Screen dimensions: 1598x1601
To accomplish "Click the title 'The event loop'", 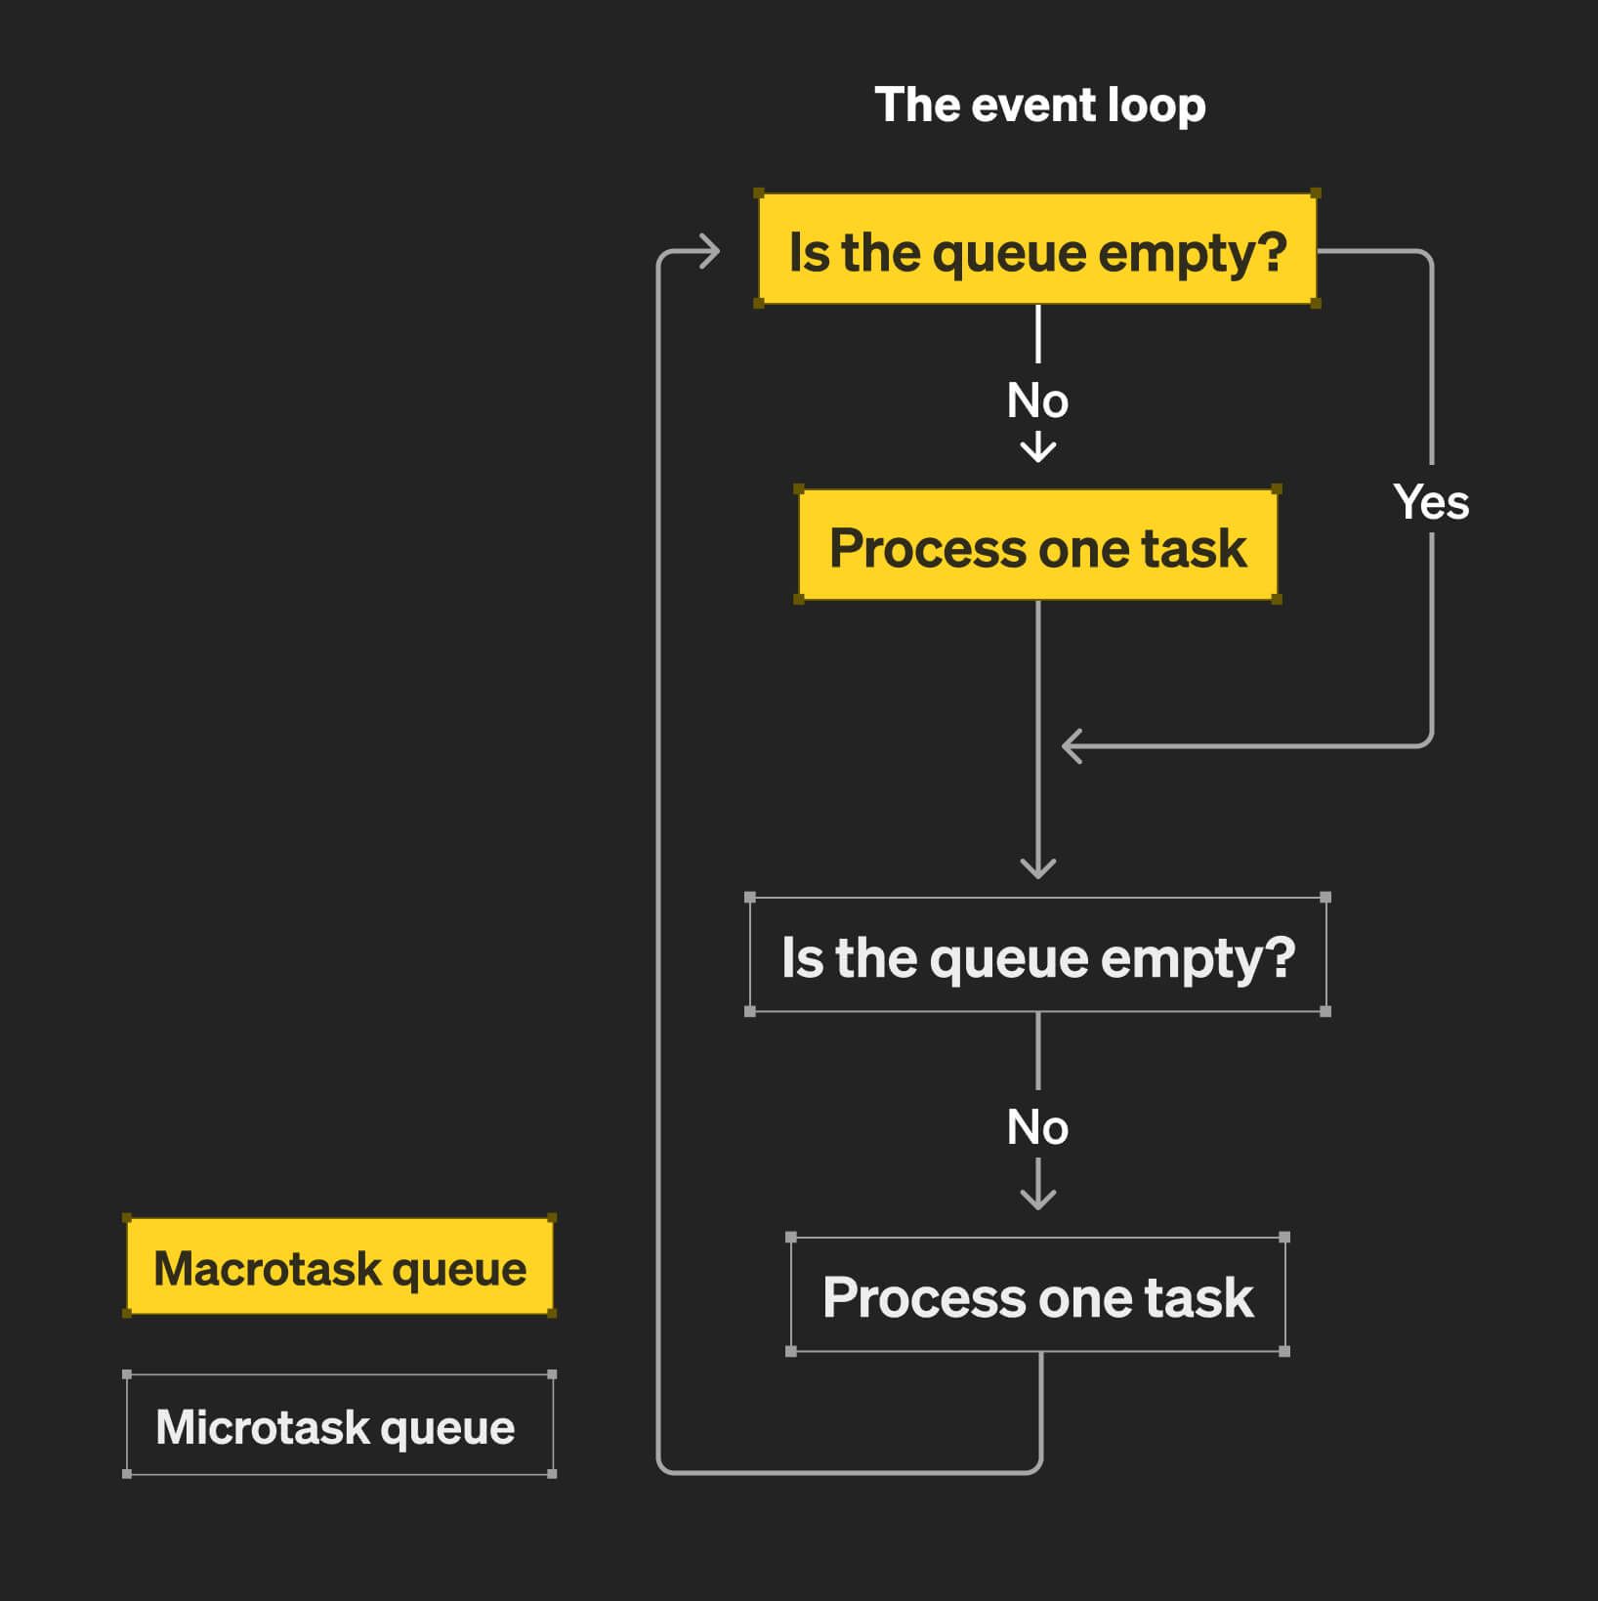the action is pyautogui.click(x=1040, y=105).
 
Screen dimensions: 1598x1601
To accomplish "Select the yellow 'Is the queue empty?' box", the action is pyautogui.click(x=1037, y=249).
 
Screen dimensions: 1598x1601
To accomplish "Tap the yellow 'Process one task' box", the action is pyautogui.click(x=1037, y=545).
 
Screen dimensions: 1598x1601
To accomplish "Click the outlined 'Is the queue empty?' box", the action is pyautogui.click(x=1037, y=954).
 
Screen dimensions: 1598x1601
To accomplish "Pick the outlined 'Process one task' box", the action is pyautogui.click(x=1037, y=1294).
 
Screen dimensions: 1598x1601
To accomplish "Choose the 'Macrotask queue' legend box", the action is pyautogui.click(x=339, y=1266).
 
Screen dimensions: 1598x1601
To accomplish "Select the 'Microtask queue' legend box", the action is pyautogui.click(x=339, y=1424).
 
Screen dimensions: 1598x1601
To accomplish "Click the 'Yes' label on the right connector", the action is pyautogui.click(x=1431, y=502).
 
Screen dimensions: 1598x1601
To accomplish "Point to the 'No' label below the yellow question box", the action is pyautogui.click(x=1037, y=400).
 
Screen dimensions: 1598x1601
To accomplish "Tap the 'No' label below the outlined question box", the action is pyautogui.click(x=1037, y=1127).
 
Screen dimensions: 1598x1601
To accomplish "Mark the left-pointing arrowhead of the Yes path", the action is pyautogui.click(x=1072, y=746).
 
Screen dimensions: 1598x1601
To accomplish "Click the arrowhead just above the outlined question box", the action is pyautogui.click(x=1037, y=868).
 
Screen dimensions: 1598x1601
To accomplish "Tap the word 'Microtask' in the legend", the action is pyautogui.click(x=262, y=1426).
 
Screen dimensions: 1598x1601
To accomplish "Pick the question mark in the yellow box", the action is pyautogui.click(x=1271, y=251).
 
